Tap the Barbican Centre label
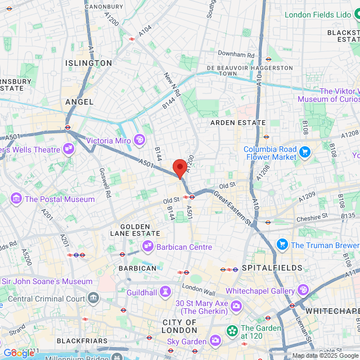coord(184,247)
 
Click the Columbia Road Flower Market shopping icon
coord(305,152)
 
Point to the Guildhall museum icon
coord(165,291)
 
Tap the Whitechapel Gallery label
coord(260,291)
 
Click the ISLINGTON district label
coord(88,63)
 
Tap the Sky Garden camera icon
coord(215,340)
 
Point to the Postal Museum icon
coord(16,199)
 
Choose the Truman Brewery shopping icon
coord(282,245)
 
